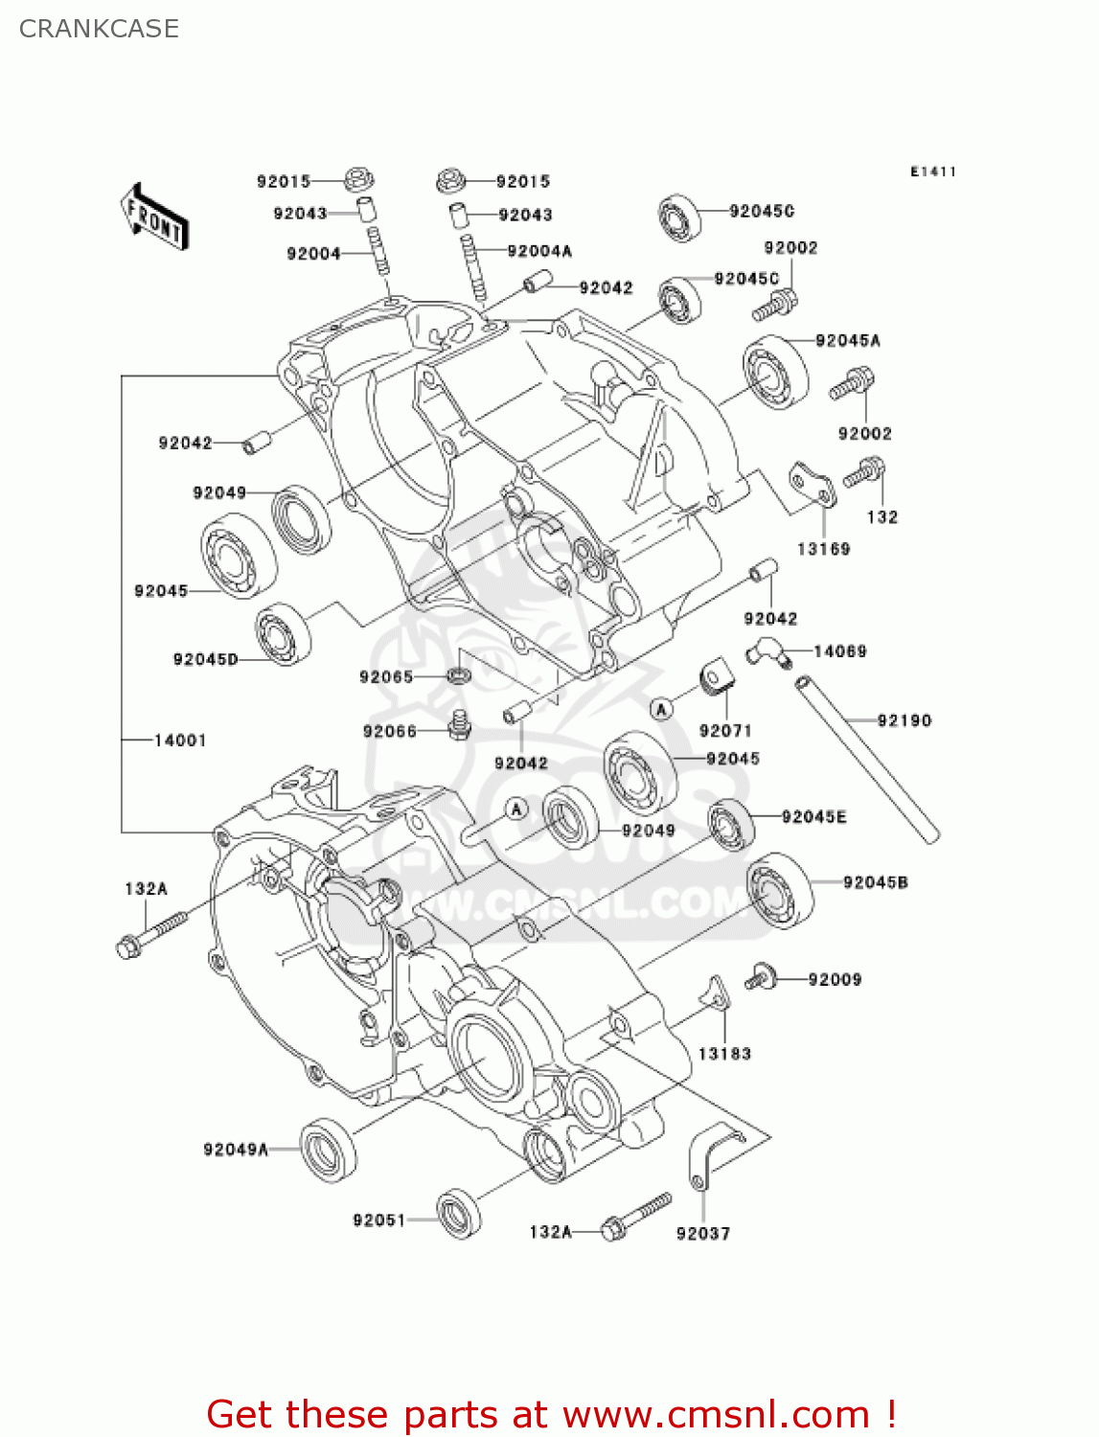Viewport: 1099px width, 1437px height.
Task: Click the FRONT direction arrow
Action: pos(153,217)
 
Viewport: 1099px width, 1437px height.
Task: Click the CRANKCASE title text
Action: pos(99,29)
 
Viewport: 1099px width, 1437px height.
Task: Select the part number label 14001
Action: pos(179,740)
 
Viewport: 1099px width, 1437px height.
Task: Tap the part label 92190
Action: pos(904,720)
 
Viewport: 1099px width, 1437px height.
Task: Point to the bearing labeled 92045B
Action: pos(780,891)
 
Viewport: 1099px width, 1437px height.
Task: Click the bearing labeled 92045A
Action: pos(775,372)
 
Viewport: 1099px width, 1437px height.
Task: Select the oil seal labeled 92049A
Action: pos(328,1149)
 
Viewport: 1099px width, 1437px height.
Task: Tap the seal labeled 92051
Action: pos(459,1214)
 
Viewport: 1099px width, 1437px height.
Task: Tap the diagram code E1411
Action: pos(932,171)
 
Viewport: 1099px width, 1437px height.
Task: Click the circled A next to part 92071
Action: pos(660,709)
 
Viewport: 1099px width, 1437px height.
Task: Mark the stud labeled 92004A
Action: pos(472,265)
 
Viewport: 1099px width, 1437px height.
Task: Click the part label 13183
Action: pos(723,1053)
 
